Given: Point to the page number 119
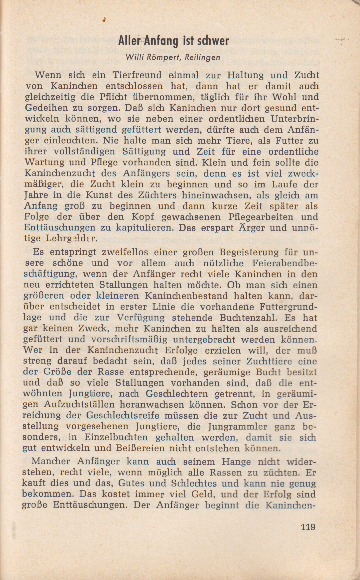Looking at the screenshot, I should (308, 527).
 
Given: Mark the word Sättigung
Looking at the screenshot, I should (144, 152).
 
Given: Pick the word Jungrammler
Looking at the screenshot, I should (237, 427).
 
